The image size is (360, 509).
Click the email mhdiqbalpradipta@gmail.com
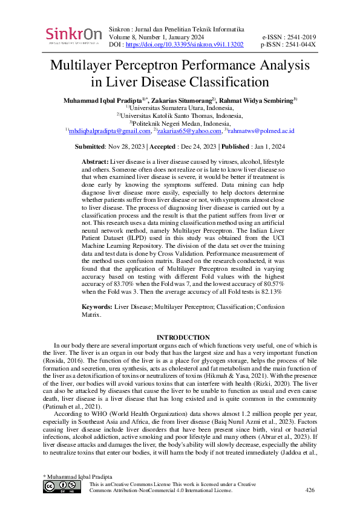[110, 131]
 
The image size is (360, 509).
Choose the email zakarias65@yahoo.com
[189, 131]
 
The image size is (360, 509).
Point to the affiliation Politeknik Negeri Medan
[181, 123]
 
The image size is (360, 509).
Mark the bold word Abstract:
[95, 163]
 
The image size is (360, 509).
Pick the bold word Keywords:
[97, 307]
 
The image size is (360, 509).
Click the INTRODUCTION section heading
[183, 337]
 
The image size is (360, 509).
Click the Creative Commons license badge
[61, 487]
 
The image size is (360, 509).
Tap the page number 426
[311, 489]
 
